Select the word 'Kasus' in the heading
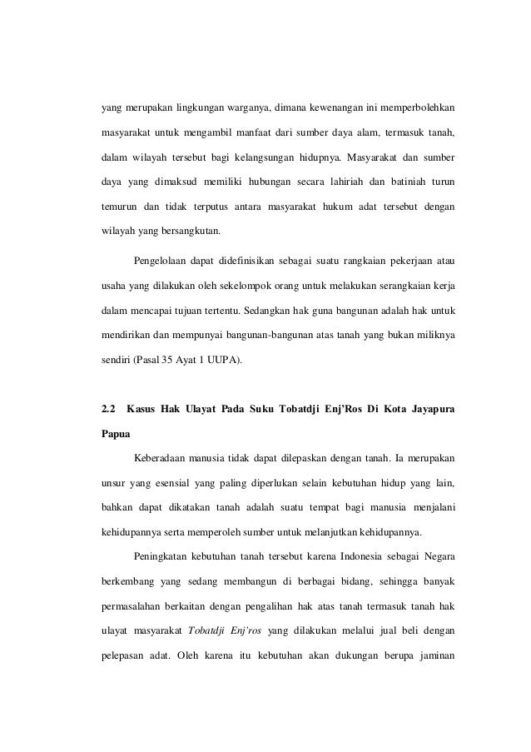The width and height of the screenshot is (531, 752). click(x=144, y=409)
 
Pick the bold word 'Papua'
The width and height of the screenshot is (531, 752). click(x=115, y=434)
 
